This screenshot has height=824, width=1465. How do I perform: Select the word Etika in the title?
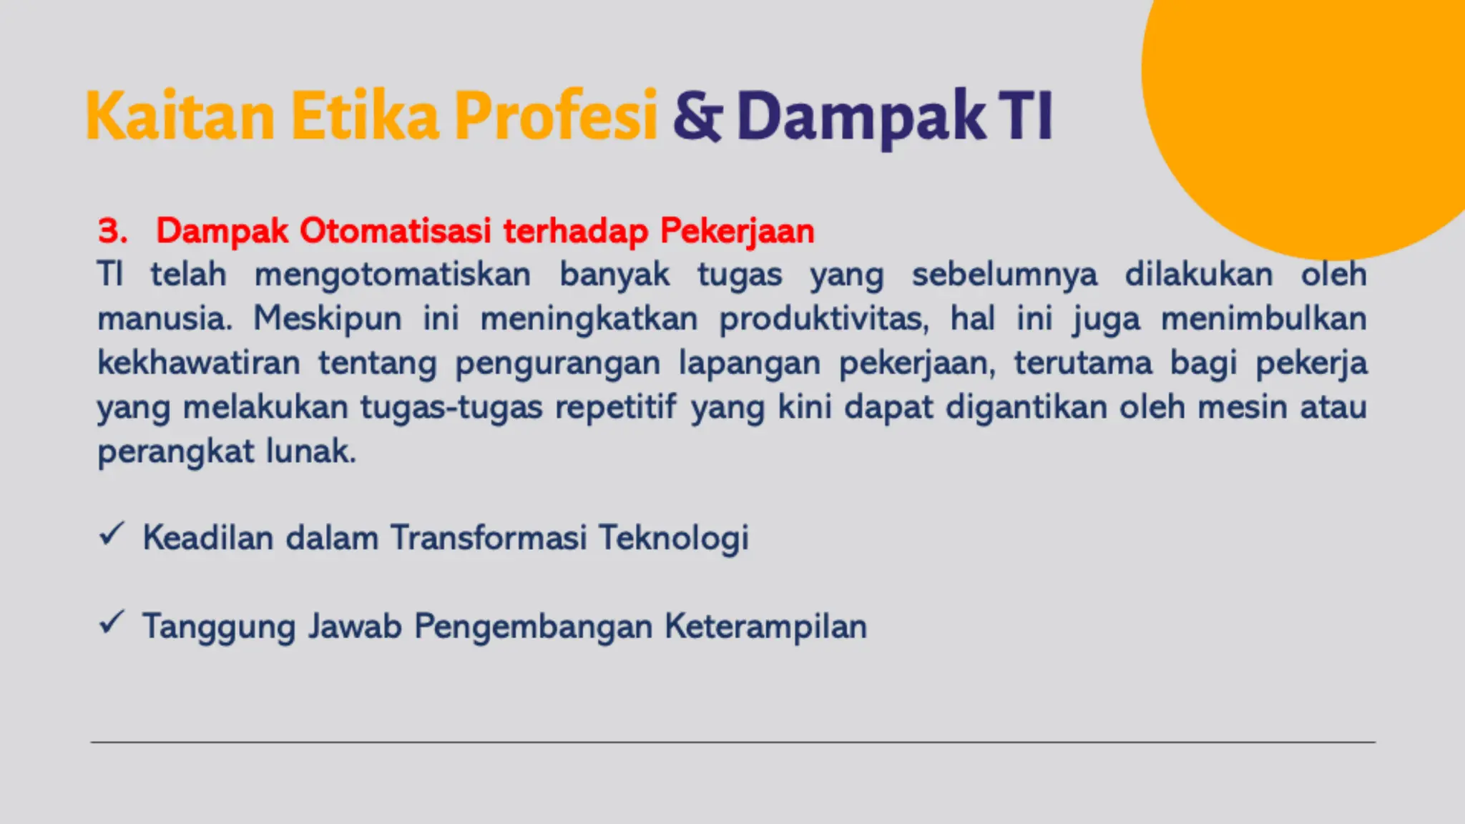(x=365, y=116)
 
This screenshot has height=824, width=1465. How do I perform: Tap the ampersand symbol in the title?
(x=697, y=116)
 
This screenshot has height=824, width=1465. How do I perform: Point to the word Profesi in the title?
(x=556, y=116)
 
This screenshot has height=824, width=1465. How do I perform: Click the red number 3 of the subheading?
(x=112, y=231)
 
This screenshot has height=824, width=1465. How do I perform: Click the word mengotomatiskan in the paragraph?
(x=392, y=275)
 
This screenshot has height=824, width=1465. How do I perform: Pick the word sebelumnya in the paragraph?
(x=1004, y=275)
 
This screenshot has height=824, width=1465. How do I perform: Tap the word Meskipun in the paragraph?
(x=328, y=319)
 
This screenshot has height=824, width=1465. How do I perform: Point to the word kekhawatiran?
(x=199, y=363)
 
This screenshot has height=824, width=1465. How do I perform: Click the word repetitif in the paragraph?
(x=615, y=408)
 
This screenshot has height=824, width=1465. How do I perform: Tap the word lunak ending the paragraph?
(x=310, y=451)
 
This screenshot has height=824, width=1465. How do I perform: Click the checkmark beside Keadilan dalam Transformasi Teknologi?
(x=112, y=534)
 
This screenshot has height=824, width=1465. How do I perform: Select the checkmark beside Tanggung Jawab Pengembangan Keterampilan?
(x=112, y=622)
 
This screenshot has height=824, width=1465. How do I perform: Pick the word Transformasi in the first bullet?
(x=489, y=538)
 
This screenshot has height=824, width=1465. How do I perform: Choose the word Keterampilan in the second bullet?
(x=765, y=627)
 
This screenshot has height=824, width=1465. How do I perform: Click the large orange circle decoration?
(x=1323, y=107)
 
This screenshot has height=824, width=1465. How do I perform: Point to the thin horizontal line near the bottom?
(x=732, y=742)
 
